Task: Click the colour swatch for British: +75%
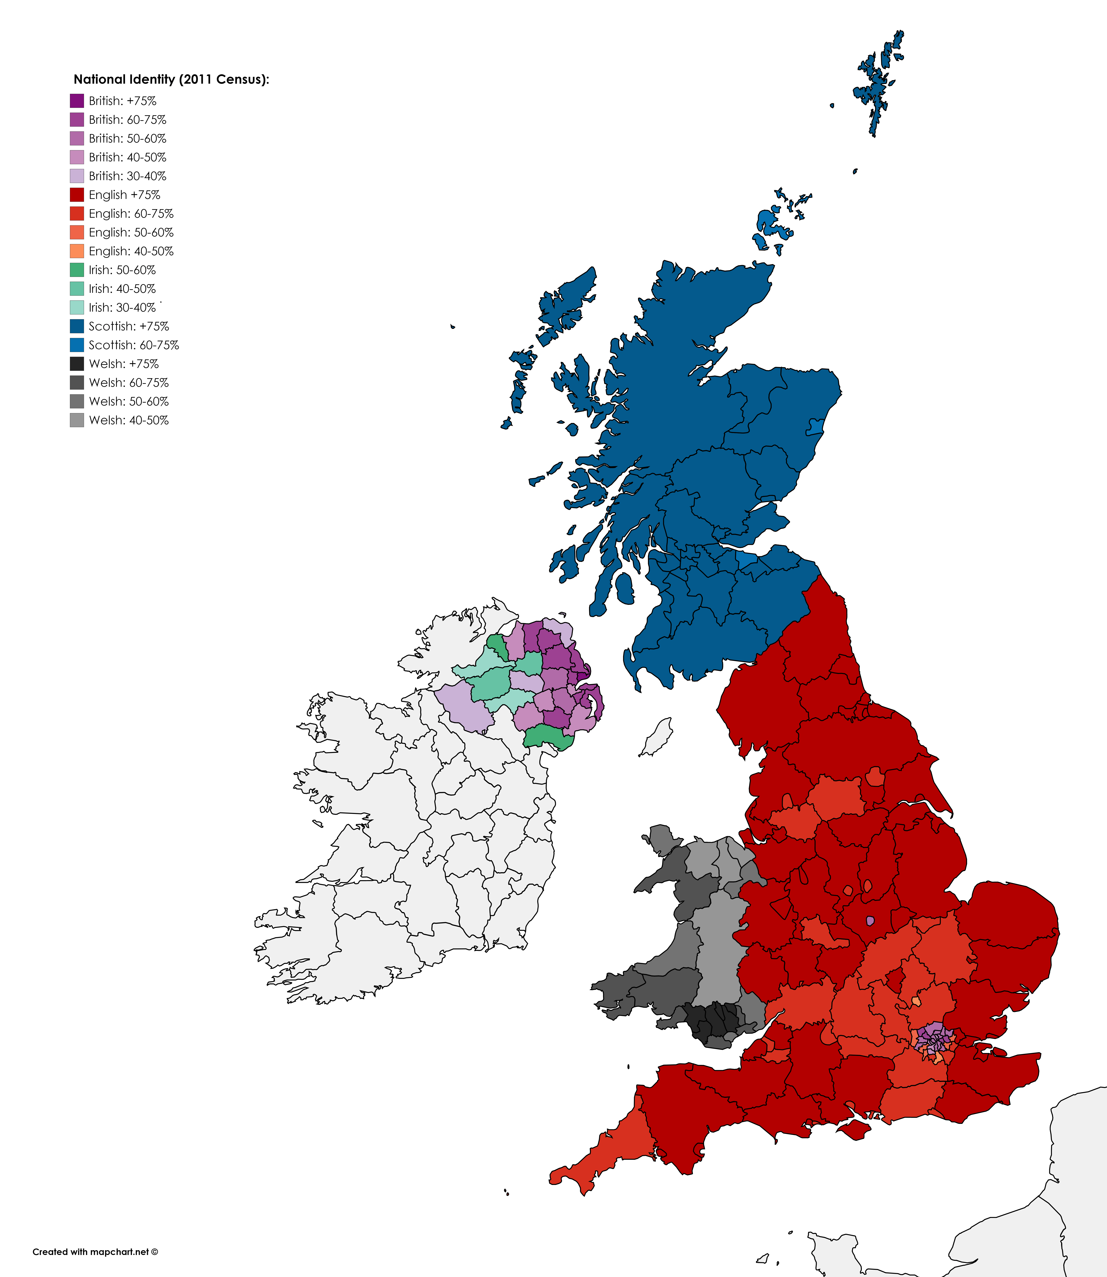tap(77, 101)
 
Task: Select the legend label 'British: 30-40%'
tap(127, 176)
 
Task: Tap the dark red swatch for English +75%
tap(77, 194)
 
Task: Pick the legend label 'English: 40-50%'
tap(131, 251)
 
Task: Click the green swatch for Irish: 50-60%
tap(77, 270)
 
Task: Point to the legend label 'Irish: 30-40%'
tap(122, 308)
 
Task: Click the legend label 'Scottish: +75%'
tap(128, 326)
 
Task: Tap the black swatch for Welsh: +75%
tap(77, 364)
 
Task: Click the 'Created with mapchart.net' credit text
tap(95, 1252)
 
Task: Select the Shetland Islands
tap(876, 86)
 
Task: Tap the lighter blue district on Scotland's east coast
tap(816, 426)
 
